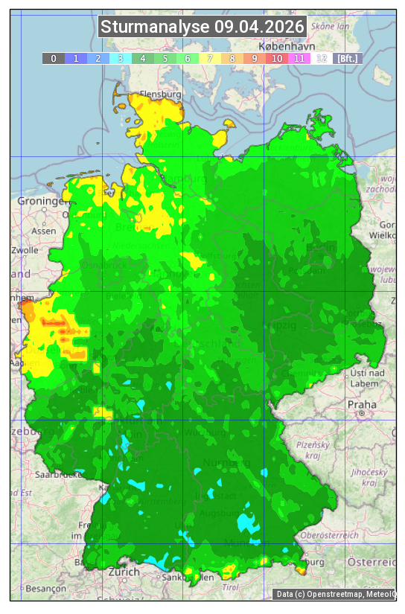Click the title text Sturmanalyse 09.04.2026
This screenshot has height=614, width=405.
click(x=202, y=28)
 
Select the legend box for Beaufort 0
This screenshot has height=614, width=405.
click(x=54, y=58)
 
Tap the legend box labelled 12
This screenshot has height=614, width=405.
click(x=322, y=58)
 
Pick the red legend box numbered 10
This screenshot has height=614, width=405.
click(x=277, y=58)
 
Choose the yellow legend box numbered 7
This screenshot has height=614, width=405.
click(x=210, y=58)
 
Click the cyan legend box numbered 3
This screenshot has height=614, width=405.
click(x=121, y=58)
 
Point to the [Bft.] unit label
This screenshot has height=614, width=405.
click(x=347, y=58)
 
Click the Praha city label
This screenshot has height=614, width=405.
click(x=362, y=404)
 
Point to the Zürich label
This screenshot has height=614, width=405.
click(x=124, y=572)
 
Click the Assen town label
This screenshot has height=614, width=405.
click(x=44, y=231)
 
